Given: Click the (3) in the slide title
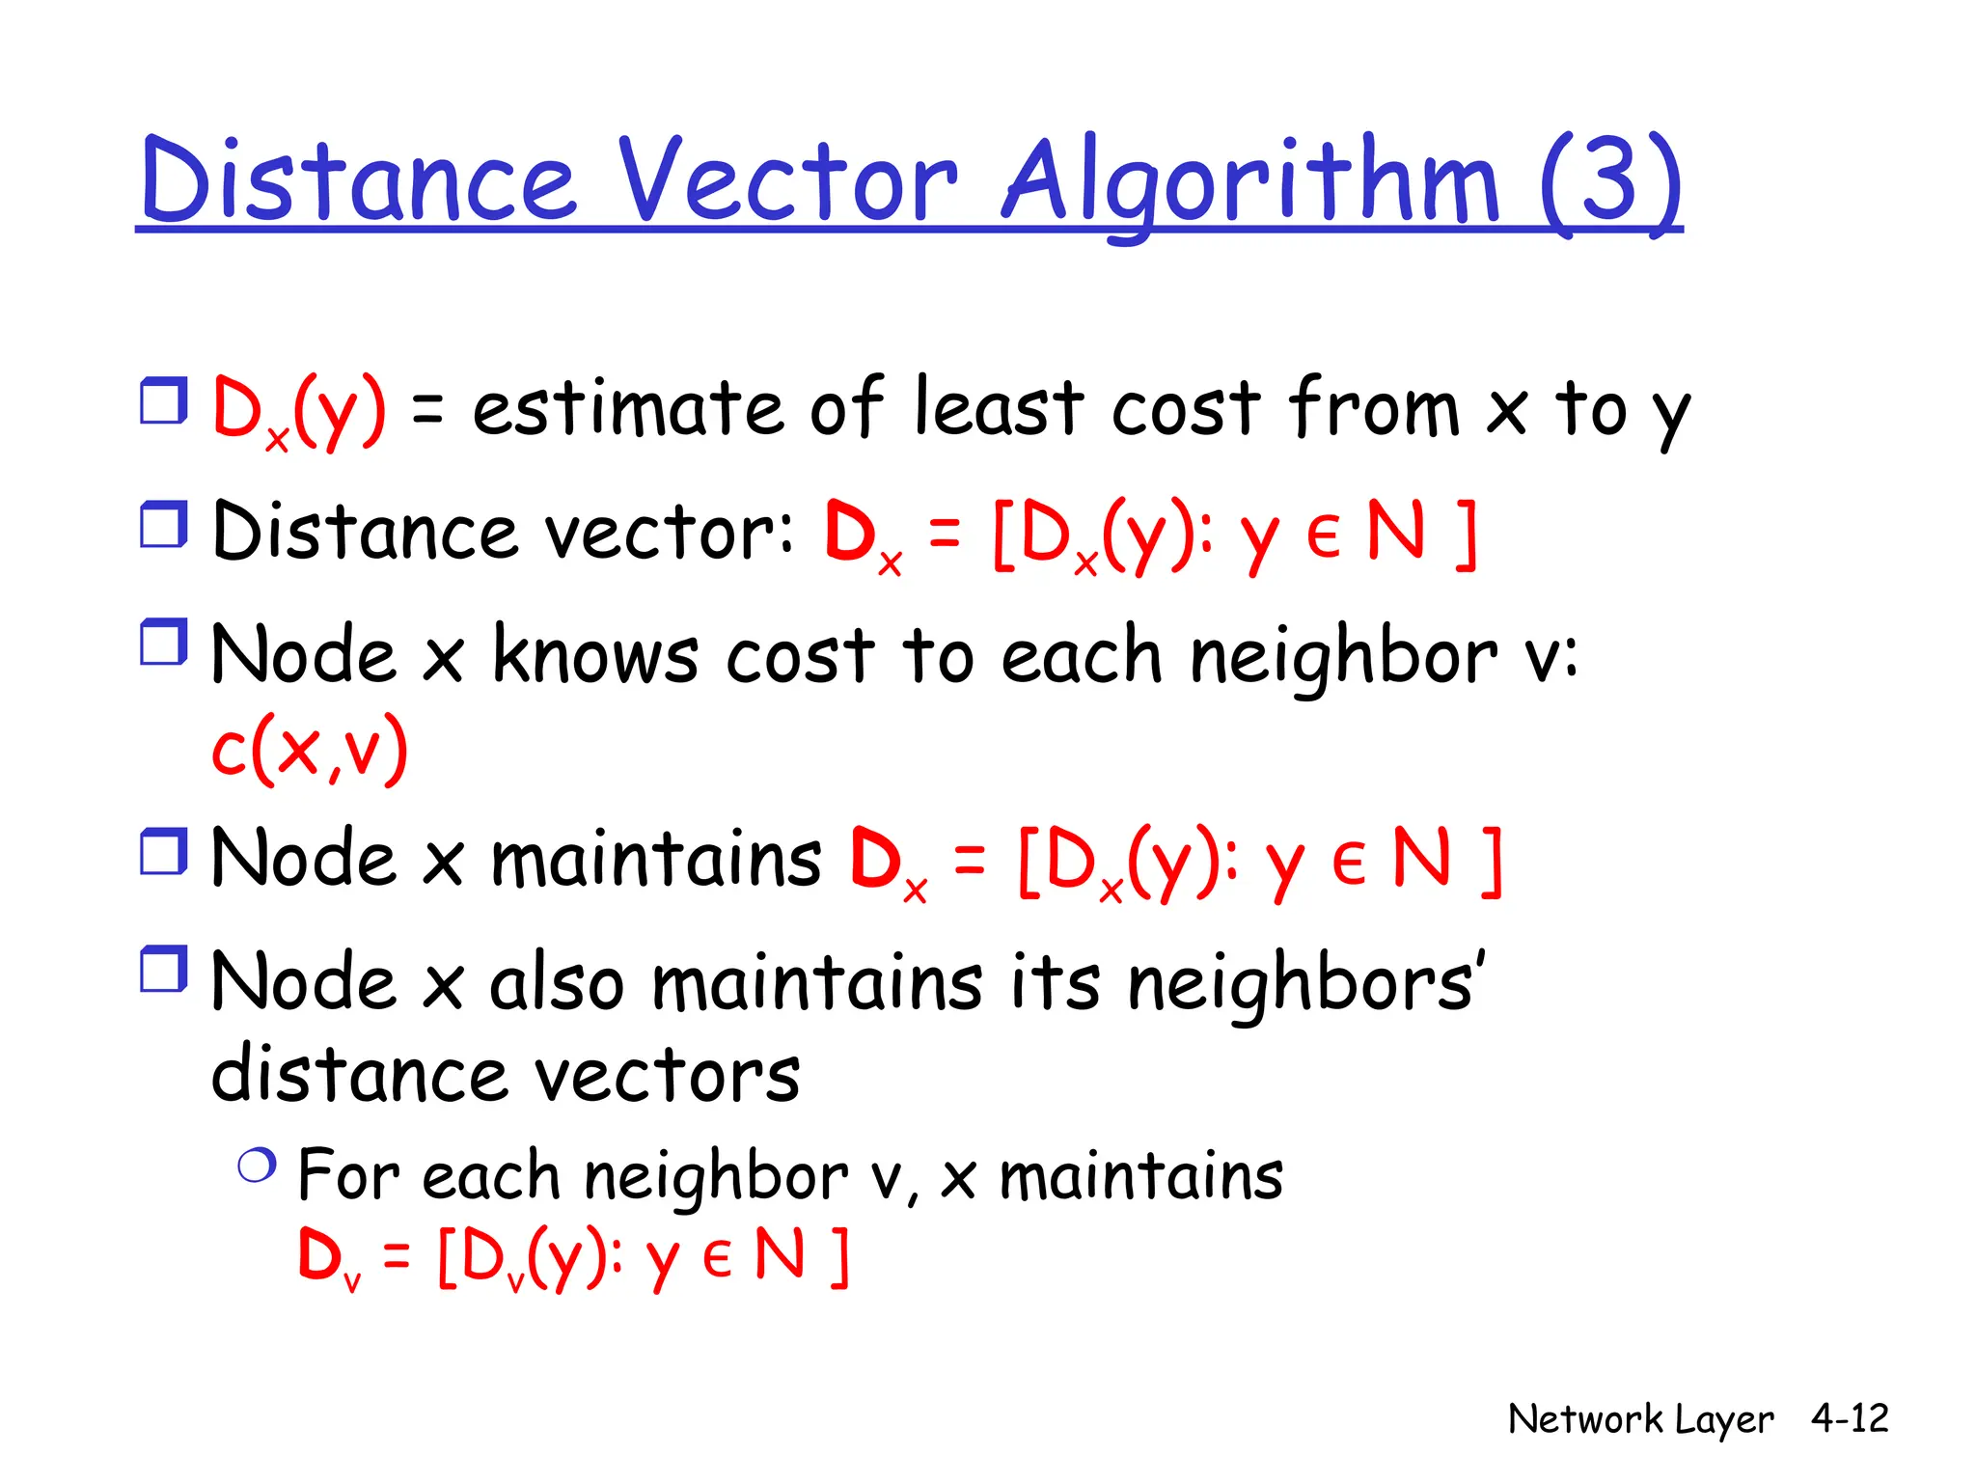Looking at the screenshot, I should (x=1610, y=180).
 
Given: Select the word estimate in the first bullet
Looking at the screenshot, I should (x=626, y=408).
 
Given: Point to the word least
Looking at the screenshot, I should (x=998, y=406).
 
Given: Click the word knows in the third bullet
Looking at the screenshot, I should (x=595, y=655).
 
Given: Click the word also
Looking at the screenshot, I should (x=557, y=983).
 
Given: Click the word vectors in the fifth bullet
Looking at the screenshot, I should (x=667, y=1075).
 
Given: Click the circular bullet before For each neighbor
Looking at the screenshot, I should (x=257, y=1166).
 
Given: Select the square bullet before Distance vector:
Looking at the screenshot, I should (x=163, y=525).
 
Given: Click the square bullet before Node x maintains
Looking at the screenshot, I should (x=163, y=851).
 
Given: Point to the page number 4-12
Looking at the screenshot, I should (x=1849, y=1417).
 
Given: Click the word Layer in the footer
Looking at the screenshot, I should (x=1723, y=1420).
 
